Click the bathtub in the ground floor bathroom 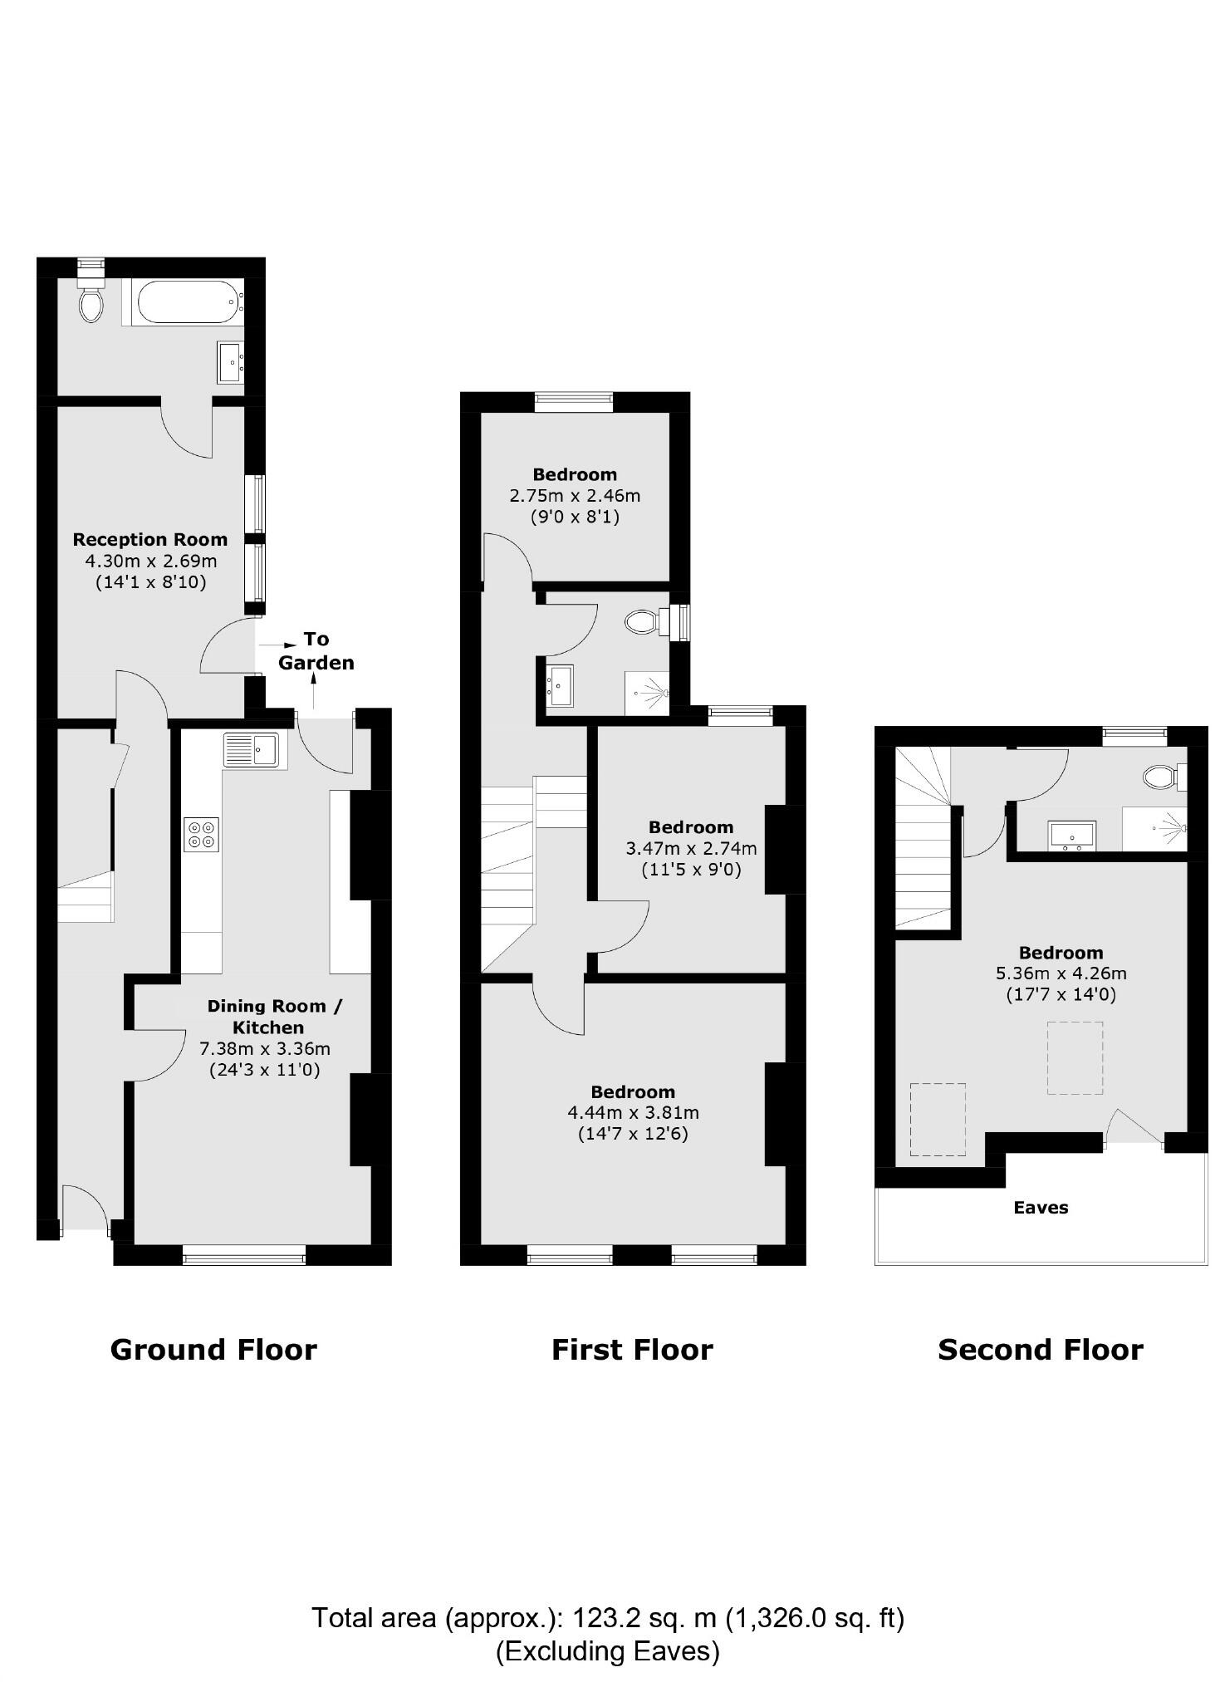pyautogui.click(x=189, y=302)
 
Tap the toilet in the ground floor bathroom pyautogui.click(x=91, y=303)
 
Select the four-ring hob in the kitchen pyautogui.click(x=201, y=834)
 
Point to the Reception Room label pyautogui.click(x=149, y=540)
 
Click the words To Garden pyautogui.click(x=316, y=650)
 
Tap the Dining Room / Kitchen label pyautogui.click(x=273, y=1016)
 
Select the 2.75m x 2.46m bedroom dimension pyautogui.click(x=575, y=496)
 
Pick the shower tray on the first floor pyautogui.click(x=646, y=692)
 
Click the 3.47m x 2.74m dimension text pyautogui.click(x=691, y=848)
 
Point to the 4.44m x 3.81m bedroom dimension pyautogui.click(x=633, y=1112)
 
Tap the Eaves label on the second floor pyautogui.click(x=1040, y=1208)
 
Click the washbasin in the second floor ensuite pyautogui.click(x=1071, y=835)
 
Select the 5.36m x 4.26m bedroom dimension pyautogui.click(x=1061, y=973)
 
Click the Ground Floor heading pyautogui.click(x=213, y=1350)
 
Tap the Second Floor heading pyautogui.click(x=1040, y=1350)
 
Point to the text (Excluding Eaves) pyautogui.click(x=607, y=1650)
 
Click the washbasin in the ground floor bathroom pyautogui.click(x=230, y=362)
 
